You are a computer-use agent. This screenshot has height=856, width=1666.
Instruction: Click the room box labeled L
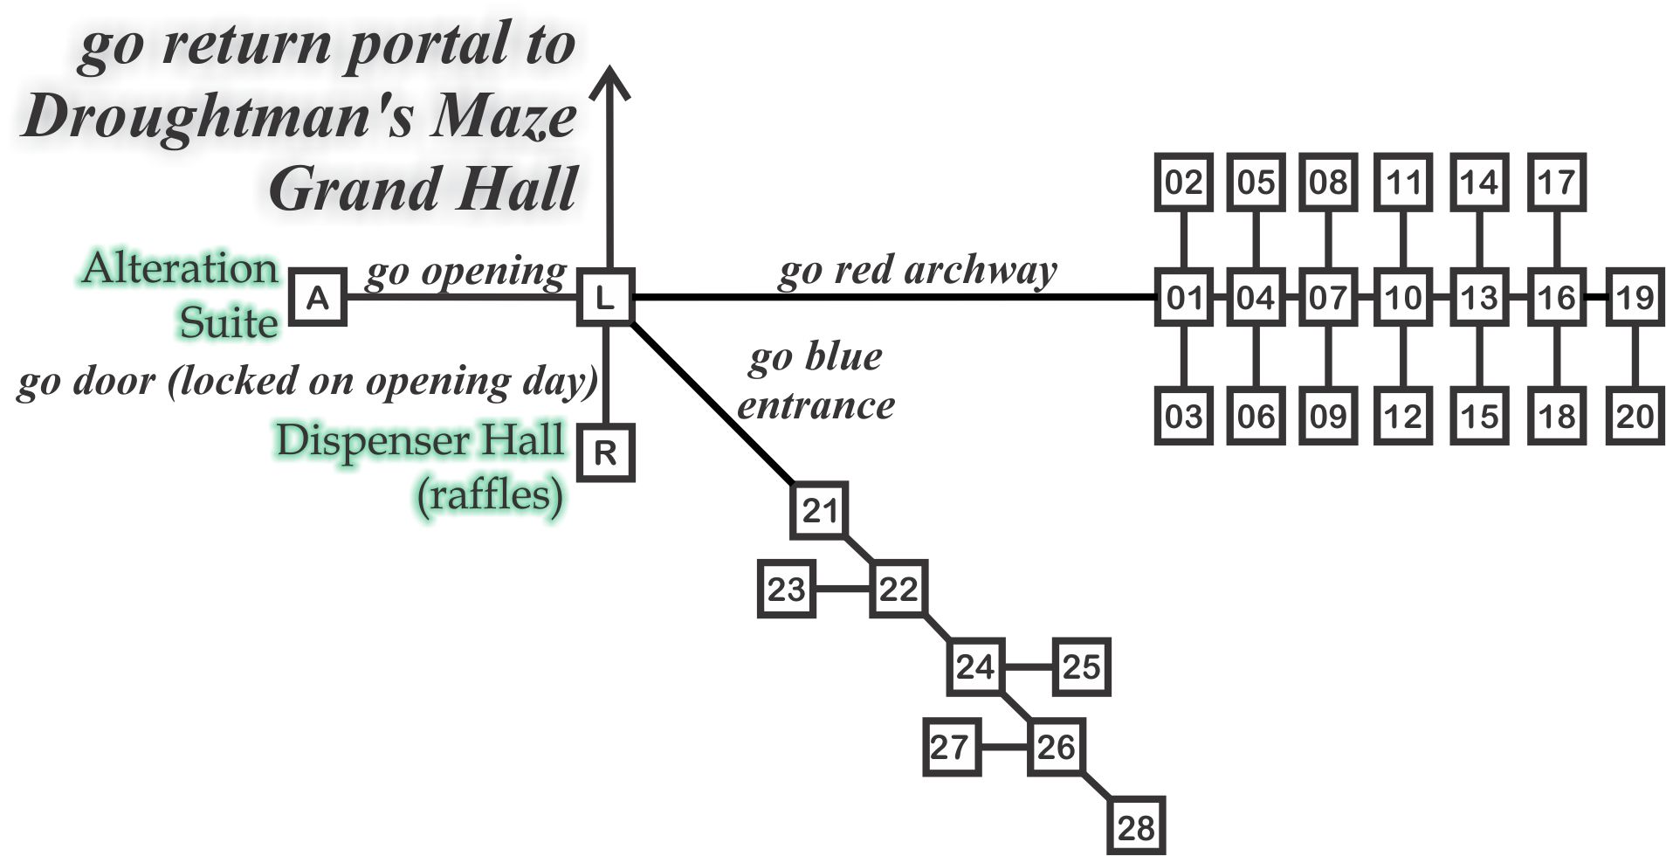coord(605,298)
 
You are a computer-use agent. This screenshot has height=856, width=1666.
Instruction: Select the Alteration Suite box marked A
coord(318,298)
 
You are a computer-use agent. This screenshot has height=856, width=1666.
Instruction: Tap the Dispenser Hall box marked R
coord(605,452)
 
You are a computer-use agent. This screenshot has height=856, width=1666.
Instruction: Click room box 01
coord(1184,298)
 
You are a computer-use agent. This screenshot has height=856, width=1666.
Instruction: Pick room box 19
coord(1635,298)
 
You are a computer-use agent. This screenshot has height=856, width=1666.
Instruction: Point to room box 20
coord(1635,416)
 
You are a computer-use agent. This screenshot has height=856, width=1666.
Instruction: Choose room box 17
coord(1557,182)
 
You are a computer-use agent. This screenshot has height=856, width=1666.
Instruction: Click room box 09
coord(1328,416)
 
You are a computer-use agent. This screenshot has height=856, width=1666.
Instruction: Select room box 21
coord(819,510)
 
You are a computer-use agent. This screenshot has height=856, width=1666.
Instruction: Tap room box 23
coord(786,589)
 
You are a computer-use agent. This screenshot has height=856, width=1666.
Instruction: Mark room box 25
coord(1081,667)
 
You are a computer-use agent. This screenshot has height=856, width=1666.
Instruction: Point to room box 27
coord(951,747)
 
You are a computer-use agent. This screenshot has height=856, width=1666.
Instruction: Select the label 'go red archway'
coord(917,271)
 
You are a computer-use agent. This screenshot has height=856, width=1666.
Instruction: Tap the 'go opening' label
coord(465,273)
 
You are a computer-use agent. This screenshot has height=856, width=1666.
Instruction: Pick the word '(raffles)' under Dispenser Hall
coord(490,495)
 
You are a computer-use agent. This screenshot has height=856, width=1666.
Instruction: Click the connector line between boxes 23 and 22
coord(843,589)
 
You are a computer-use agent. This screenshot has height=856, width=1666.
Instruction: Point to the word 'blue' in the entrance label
coord(843,356)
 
